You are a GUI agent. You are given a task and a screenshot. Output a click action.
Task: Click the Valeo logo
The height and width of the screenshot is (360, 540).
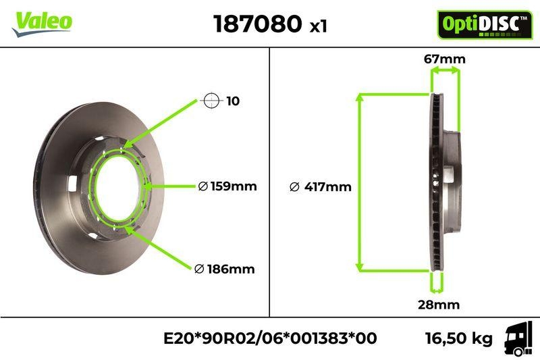(x=42, y=22)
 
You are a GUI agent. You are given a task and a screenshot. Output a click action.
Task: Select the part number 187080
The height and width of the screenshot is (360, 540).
(x=257, y=24)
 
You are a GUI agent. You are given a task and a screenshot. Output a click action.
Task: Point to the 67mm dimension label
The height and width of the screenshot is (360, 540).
(x=445, y=59)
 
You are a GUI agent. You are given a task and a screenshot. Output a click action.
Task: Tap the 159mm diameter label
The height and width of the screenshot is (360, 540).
(x=233, y=186)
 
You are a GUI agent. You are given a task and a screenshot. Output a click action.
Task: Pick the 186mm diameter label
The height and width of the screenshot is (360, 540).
(x=230, y=269)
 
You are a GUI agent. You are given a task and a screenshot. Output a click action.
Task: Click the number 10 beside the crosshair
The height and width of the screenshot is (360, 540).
(x=233, y=101)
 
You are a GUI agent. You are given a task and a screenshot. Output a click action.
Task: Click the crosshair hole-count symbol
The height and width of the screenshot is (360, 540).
(x=212, y=101)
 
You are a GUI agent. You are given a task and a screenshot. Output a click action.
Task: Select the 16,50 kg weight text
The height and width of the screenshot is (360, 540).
(x=458, y=338)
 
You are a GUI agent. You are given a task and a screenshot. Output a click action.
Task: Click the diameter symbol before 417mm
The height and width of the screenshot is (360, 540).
(x=294, y=187)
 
